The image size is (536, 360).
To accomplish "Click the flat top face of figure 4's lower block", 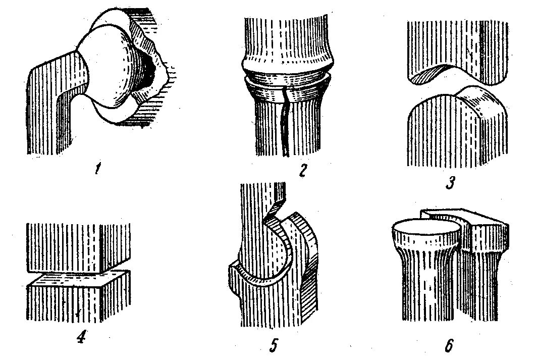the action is tap(76, 279).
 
